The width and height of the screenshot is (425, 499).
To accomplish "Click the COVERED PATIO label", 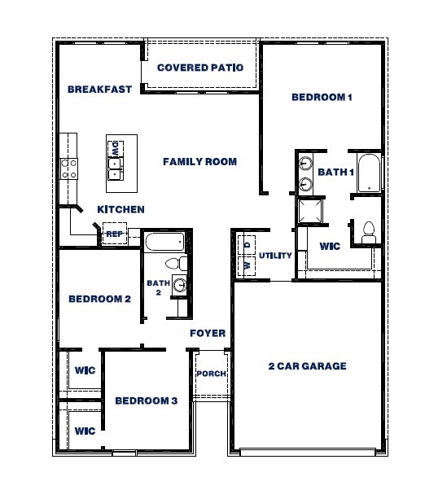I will click(199, 68).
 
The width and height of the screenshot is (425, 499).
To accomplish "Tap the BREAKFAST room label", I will click(99, 90).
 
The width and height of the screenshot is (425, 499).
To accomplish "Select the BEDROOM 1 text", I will click(322, 98).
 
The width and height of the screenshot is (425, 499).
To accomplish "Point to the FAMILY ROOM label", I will click(199, 162).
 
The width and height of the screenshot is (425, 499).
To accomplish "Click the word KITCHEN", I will click(121, 209).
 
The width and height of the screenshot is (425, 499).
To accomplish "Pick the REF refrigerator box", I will click(114, 233).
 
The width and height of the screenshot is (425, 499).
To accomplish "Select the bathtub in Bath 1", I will click(370, 173).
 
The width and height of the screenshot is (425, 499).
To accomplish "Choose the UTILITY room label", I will click(275, 256).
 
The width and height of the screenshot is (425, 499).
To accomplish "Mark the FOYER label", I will click(208, 334).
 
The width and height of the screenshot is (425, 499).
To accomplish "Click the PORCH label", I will click(211, 374).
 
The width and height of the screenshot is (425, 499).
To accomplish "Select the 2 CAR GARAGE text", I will click(307, 366).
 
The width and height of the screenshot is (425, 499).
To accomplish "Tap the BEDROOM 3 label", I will click(146, 401).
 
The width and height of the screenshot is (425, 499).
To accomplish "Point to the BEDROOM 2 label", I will click(99, 299).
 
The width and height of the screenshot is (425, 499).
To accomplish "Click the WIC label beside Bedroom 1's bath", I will click(330, 245).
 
